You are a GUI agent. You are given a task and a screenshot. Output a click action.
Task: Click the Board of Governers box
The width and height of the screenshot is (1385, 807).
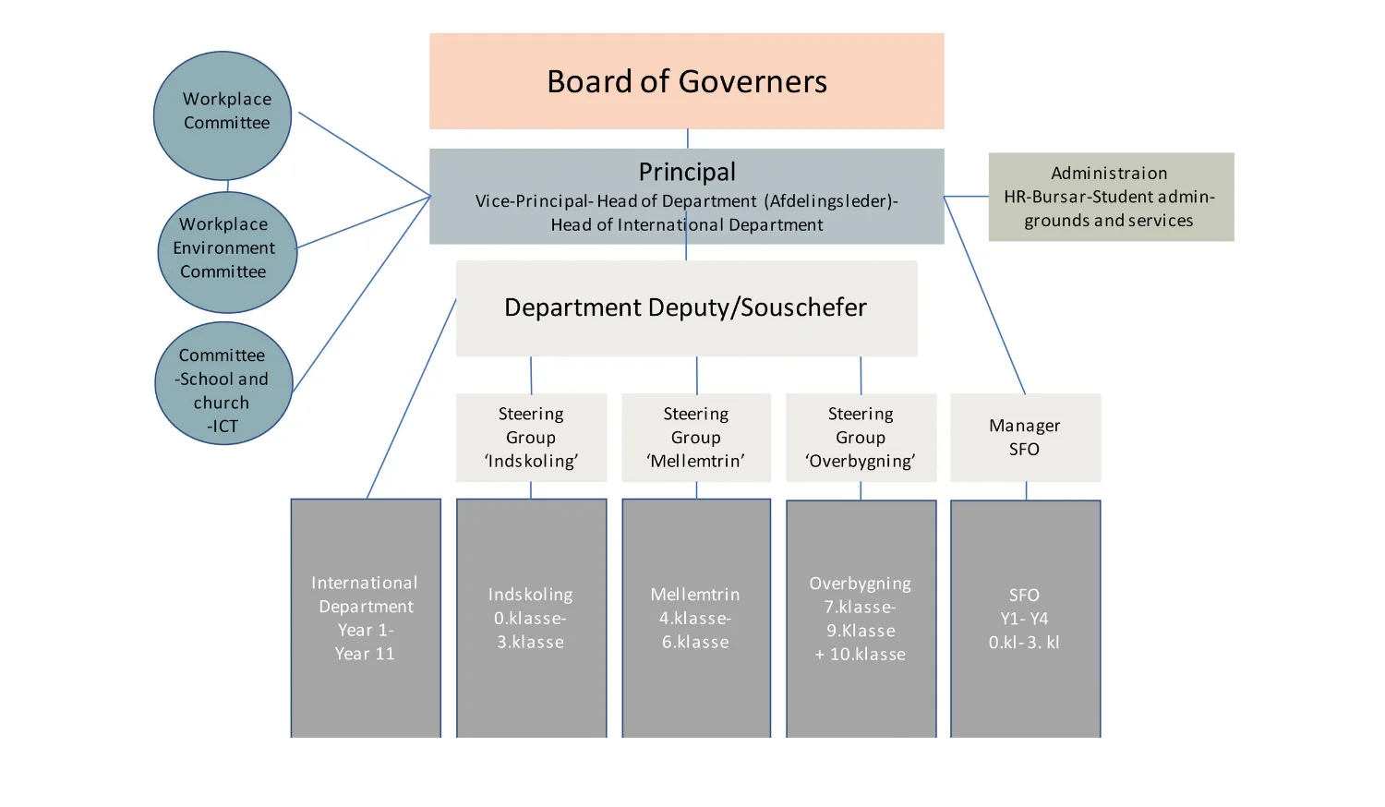(686, 81)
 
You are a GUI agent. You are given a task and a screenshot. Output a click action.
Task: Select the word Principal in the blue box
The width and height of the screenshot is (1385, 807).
(687, 172)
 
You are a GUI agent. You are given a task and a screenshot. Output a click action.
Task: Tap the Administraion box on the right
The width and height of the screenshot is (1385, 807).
(1110, 197)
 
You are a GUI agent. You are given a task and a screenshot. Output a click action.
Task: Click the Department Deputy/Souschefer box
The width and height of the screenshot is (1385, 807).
(686, 307)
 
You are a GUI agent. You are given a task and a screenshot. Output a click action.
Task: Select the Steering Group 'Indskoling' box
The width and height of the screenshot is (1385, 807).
(531, 437)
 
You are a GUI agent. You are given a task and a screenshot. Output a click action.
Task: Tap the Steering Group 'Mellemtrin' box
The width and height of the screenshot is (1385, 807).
(695, 437)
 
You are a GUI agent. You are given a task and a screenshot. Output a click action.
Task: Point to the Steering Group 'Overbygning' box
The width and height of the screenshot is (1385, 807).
(861, 437)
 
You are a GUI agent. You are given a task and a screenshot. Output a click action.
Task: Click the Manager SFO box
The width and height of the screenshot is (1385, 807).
(1025, 437)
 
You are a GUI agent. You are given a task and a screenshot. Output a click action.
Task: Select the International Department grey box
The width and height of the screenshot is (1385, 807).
(366, 618)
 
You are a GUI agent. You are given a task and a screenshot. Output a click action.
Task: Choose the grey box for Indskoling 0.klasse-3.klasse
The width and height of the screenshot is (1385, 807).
(531, 618)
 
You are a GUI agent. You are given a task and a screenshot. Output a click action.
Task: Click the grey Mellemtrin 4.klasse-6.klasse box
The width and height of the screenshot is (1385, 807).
(695, 618)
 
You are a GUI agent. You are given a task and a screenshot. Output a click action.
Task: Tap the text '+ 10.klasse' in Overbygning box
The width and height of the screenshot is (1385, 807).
(861, 654)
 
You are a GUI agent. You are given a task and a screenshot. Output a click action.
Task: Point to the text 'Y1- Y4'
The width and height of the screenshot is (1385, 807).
(1024, 619)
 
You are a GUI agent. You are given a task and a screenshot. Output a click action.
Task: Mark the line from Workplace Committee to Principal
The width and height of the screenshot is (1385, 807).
(365, 154)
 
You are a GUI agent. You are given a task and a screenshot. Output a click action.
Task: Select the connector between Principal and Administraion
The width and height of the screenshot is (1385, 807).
(966, 197)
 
